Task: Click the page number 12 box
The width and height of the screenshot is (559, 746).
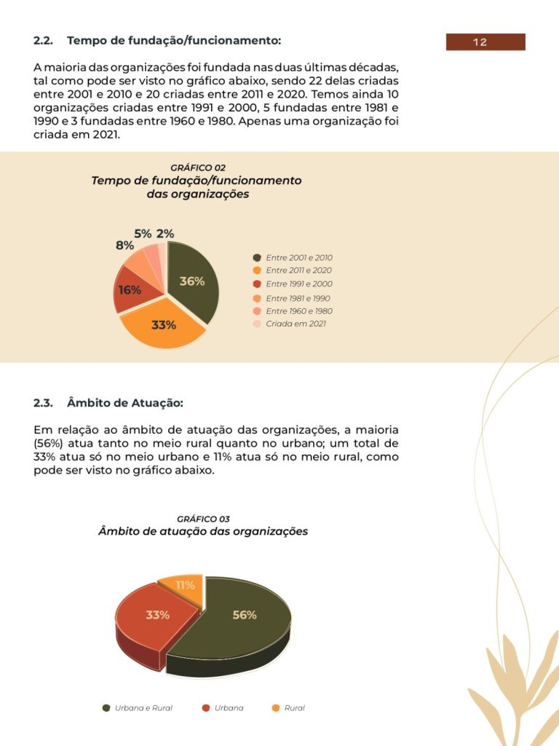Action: tap(485, 42)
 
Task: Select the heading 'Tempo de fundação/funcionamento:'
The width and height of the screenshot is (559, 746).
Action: tap(173, 40)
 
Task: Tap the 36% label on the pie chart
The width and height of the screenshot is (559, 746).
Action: tap(192, 281)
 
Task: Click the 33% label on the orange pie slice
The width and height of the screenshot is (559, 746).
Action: tap(164, 325)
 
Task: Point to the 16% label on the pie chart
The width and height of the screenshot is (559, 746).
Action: tap(130, 290)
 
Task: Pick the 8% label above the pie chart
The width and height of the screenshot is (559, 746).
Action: tap(124, 246)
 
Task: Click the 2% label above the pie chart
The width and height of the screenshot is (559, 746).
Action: tap(165, 234)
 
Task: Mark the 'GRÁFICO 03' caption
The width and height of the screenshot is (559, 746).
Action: tap(203, 519)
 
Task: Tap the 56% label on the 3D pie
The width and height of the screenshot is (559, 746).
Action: tap(245, 615)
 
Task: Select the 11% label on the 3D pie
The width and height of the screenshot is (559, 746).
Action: tap(185, 585)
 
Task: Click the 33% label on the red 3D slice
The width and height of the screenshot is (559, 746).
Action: tap(157, 615)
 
